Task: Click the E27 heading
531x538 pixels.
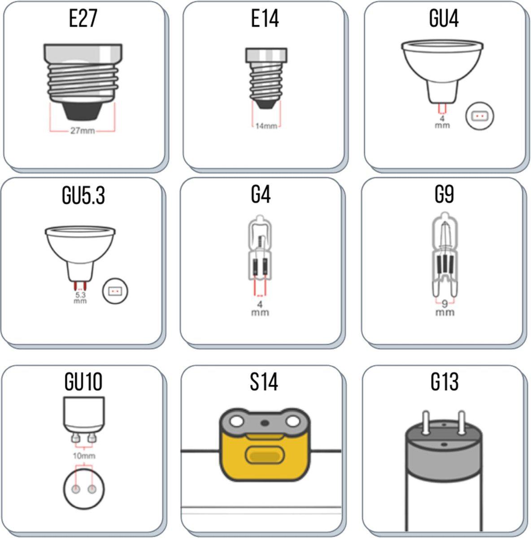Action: click(83, 19)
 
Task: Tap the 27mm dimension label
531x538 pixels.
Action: click(83, 131)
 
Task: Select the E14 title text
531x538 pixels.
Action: click(265, 19)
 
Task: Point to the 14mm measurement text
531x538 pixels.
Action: click(266, 126)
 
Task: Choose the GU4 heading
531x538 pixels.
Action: click(444, 19)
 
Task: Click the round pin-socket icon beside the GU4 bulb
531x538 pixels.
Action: click(479, 117)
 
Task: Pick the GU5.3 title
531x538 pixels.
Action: click(83, 196)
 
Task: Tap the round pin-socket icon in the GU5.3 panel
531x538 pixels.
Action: click(116, 292)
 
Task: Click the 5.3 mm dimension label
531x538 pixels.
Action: click(80, 298)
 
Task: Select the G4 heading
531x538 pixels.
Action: click(261, 195)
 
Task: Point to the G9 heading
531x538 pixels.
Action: click(444, 195)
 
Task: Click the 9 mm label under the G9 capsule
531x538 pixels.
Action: click(444, 307)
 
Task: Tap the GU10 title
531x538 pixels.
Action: click(83, 382)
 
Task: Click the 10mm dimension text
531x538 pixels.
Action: click(84, 456)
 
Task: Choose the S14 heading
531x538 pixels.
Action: click(264, 382)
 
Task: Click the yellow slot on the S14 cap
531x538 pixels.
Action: click(264, 456)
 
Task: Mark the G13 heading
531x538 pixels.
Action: click(444, 382)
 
